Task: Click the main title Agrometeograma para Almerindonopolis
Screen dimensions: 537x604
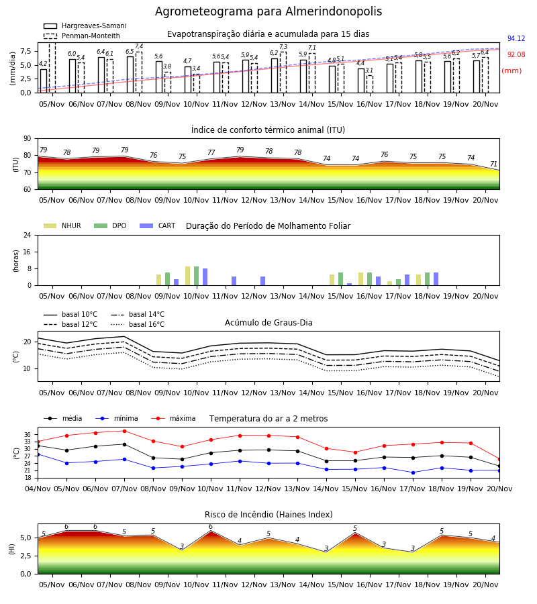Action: click(268, 11)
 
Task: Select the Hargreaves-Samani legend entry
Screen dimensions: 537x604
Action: click(85, 26)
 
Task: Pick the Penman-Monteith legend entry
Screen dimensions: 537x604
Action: click(82, 36)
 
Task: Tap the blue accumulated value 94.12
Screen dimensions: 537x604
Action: click(516, 38)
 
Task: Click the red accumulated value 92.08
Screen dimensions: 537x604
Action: click(516, 55)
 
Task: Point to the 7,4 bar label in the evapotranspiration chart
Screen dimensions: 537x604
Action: click(139, 46)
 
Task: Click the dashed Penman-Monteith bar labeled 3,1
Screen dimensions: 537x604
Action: click(369, 84)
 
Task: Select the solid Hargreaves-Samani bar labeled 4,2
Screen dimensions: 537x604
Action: click(44, 81)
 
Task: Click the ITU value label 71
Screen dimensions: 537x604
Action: click(493, 164)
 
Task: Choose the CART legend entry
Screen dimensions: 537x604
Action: click(158, 225)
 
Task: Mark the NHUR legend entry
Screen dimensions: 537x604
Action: click(62, 225)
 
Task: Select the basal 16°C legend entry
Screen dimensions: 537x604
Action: click(138, 324)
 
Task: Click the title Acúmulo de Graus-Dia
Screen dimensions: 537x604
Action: click(268, 323)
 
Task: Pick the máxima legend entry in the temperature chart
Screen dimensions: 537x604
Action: click(173, 418)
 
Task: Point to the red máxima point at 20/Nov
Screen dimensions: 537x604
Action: click(499, 459)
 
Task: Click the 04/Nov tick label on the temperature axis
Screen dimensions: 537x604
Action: click(38, 489)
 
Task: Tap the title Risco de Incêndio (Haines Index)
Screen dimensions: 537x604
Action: click(268, 515)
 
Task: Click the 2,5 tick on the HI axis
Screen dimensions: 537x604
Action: click(26, 556)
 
